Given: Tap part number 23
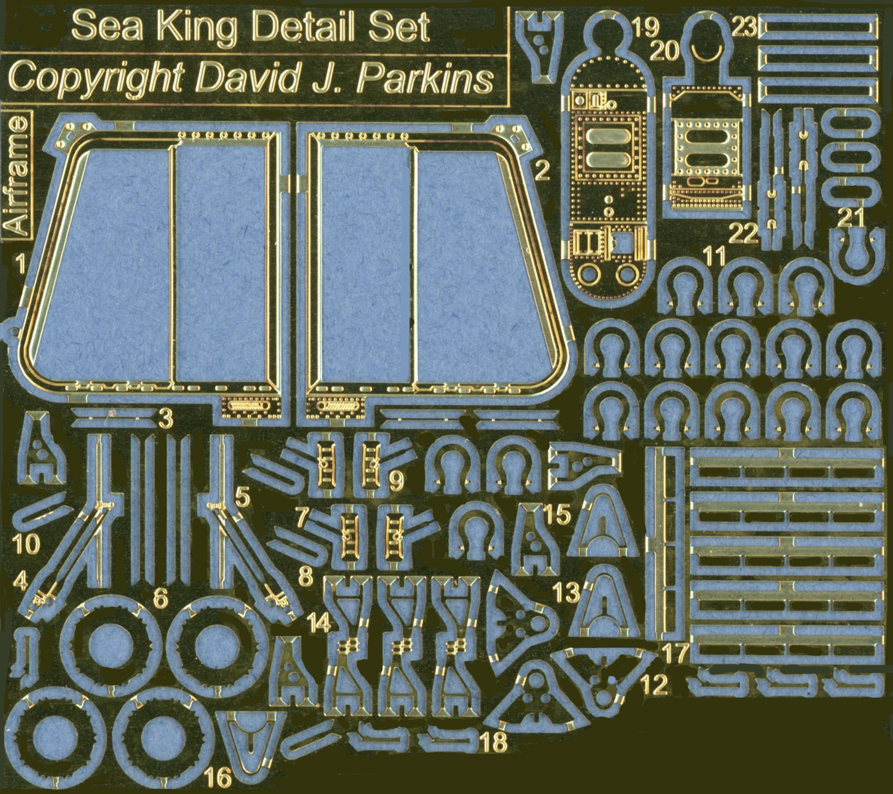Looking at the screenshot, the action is pyautogui.click(x=744, y=28).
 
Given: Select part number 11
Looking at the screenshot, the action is pyautogui.click(x=715, y=256).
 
